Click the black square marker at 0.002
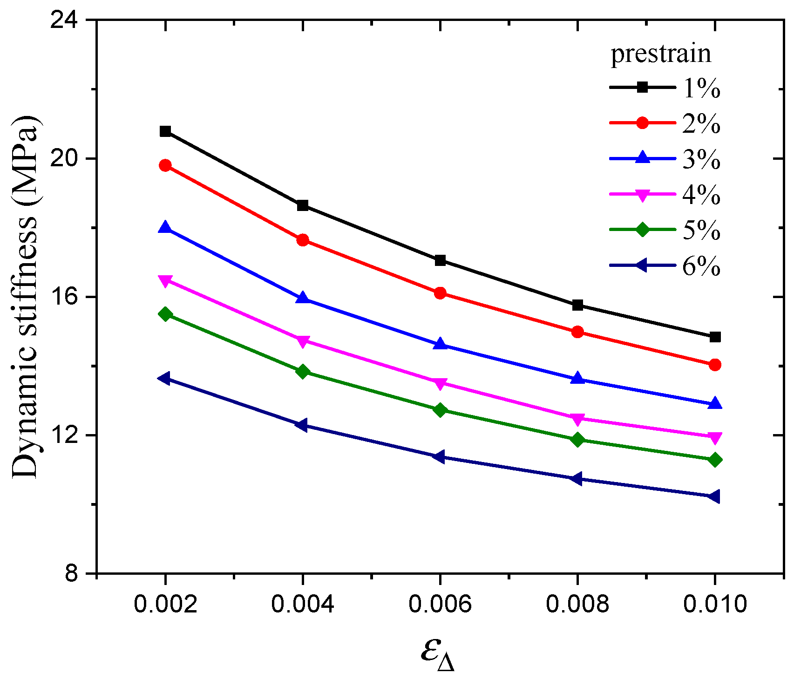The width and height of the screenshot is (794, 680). tap(165, 131)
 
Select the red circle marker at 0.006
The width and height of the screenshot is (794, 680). tap(440, 293)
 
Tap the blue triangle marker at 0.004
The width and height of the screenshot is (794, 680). tap(303, 298)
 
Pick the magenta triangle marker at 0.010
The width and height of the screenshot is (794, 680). tap(715, 438)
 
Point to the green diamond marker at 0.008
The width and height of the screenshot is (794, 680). tap(577, 440)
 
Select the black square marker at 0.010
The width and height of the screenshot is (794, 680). tap(715, 337)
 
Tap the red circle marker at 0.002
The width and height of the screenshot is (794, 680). tap(165, 165)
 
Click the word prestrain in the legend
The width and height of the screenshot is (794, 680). tap(661, 54)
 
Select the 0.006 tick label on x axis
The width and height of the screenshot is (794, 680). tap(440, 605)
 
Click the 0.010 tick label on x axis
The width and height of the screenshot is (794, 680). tap(715, 605)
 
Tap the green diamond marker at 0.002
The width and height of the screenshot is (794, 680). tap(165, 314)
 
